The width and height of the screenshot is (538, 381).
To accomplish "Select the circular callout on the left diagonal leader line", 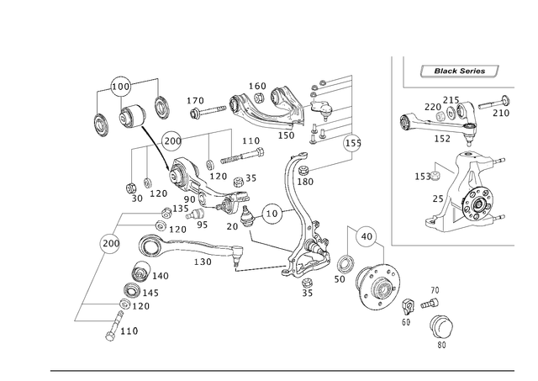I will pos(108,244).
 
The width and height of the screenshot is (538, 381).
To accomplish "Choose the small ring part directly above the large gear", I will pos(365,238).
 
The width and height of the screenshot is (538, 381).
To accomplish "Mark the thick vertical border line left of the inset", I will pos(393,151).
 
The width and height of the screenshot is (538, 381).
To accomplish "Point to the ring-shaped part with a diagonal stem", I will pos(274,212).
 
